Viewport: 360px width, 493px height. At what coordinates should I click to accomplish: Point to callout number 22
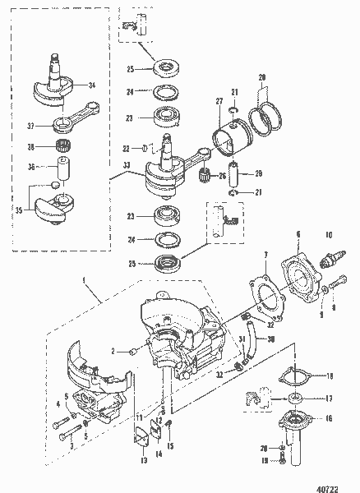tap(125, 148)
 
